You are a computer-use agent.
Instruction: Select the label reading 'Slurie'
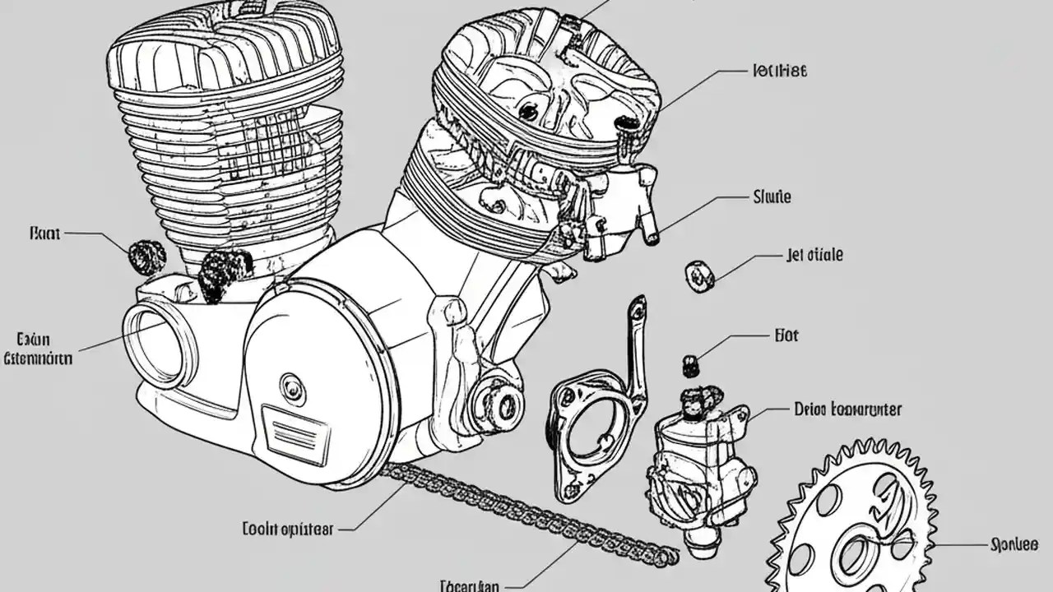[772, 197]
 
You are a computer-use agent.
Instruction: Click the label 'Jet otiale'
[814, 256]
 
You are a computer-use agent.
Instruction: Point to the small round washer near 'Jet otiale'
[698, 276]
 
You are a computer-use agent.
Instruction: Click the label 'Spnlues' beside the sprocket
[1015, 545]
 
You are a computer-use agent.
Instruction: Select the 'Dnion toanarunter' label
[847, 409]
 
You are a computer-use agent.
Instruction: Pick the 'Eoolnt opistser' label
[288, 529]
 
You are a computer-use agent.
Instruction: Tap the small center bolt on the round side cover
[291, 386]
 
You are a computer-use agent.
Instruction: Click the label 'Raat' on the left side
[44, 234]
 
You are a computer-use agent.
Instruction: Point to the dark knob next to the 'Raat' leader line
[146, 257]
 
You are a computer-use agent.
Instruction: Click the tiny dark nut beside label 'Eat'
[690, 365]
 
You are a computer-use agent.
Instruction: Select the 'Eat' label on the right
[786, 335]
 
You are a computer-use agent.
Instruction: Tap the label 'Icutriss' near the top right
[779, 71]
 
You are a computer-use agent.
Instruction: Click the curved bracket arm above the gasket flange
[634, 345]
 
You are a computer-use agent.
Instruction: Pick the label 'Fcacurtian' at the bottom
[469, 586]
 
